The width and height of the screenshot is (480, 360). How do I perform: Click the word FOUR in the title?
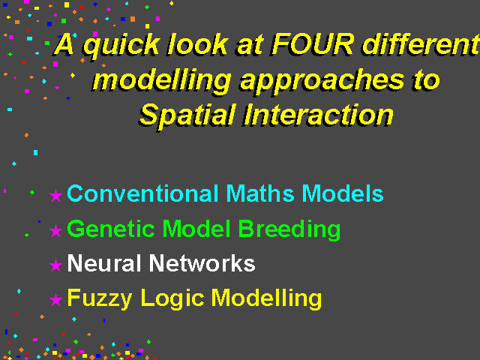[x=313, y=45]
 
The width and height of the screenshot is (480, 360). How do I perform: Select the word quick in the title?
[x=121, y=46]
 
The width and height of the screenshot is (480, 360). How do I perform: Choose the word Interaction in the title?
[x=319, y=114]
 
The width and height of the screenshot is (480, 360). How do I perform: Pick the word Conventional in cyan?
[x=143, y=193]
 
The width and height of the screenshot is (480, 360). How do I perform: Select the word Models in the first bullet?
[x=343, y=193]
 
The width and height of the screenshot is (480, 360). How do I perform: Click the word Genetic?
[x=110, y=229]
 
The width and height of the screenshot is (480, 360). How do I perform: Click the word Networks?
[x=202, y=263]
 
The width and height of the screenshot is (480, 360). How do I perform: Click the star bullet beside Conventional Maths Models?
[x=55, y=195]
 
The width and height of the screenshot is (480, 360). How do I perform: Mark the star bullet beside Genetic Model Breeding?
[x=55, y=230]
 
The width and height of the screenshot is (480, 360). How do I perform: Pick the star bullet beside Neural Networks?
[x=55, y=265]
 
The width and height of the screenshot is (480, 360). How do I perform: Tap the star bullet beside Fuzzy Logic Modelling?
[x=55, y=300]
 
